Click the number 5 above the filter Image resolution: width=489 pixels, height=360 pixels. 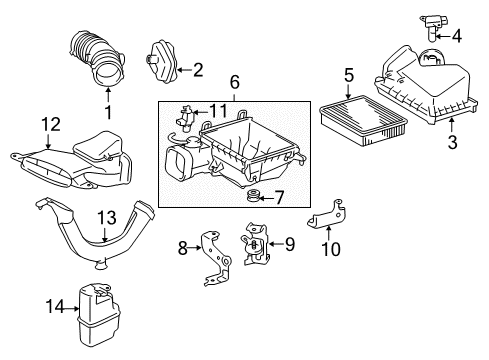349,74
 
